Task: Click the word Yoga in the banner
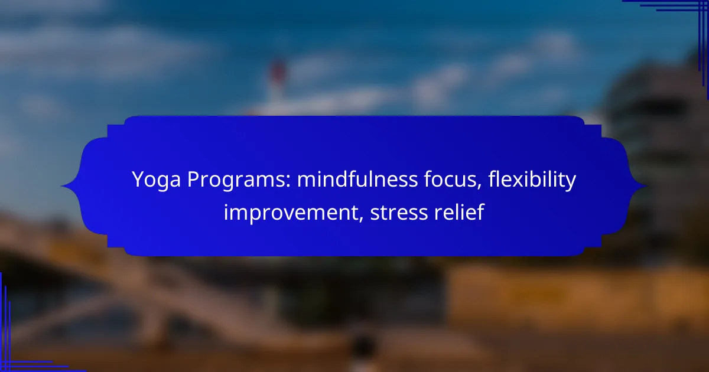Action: click(157, 180)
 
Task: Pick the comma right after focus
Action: click(480, 187)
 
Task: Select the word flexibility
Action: click(532, 180)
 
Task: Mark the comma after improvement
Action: click(361, 219)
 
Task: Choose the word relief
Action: click(459, 212)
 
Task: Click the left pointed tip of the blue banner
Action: click(61, 186)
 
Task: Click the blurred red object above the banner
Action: click(278, 71)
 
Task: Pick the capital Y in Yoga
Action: click(139, 180)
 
